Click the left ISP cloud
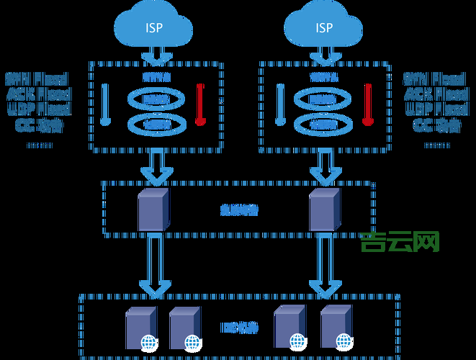coord(153,27)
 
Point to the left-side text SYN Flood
coord(37,78)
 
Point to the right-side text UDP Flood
coord(437,109)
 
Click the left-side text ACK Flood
coord(38,94)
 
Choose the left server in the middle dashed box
coord(153,210)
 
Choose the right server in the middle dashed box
coord(324,210)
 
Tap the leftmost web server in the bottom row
coord(140,327)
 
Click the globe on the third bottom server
coord(296,341)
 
